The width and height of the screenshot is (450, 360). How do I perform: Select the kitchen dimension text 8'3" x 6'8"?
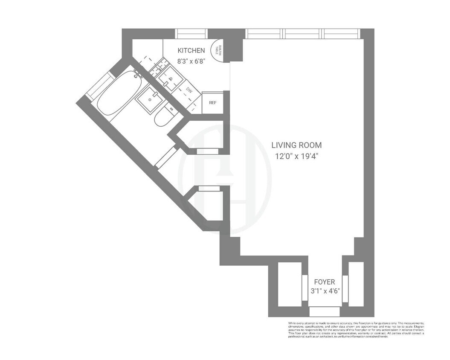tap(191, 61)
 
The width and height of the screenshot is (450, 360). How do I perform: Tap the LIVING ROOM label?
tap(296, 145)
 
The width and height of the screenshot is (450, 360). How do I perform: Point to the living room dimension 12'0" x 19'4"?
tap(296, 156)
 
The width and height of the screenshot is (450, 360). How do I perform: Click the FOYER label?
tap(324, 282)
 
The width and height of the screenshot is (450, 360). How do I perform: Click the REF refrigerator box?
tap(212, 103)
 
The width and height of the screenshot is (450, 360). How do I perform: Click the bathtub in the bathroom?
tap(116, 93)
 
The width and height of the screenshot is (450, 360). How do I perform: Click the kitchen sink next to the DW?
tap(171, 79)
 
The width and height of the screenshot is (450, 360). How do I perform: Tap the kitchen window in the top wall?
tap(192, 34)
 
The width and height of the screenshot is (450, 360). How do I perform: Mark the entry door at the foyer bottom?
tap(324, 311)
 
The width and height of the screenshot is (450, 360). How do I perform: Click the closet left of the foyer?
tap(290, 284)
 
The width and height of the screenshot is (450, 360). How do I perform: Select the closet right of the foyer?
tap(356, 284)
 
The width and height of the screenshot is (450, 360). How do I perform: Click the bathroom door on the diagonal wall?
tap(165, 157)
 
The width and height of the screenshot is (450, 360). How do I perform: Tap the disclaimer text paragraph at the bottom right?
tap(356, 329)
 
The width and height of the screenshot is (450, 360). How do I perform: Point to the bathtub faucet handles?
tap(137, 75)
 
